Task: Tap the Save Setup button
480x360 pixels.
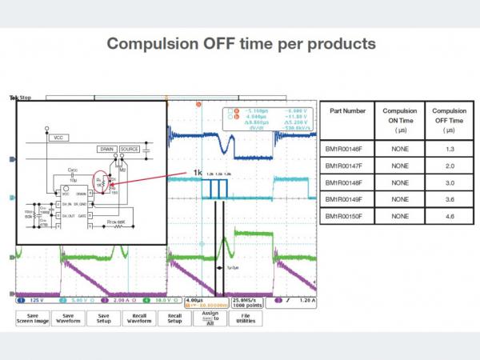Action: point(104,318)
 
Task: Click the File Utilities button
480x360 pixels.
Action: point(246,318)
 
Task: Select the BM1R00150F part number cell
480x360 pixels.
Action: point(349,217)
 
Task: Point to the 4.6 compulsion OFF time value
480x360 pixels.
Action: point(449,217)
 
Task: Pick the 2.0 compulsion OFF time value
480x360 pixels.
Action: point(449,165)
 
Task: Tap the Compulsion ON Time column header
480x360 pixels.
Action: point(399,119)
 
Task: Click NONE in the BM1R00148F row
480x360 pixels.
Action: point(399,182)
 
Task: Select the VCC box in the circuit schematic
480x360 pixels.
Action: point(57,138)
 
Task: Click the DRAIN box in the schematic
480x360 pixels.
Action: point(107,149)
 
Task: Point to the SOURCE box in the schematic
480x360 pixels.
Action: point(130,149)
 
